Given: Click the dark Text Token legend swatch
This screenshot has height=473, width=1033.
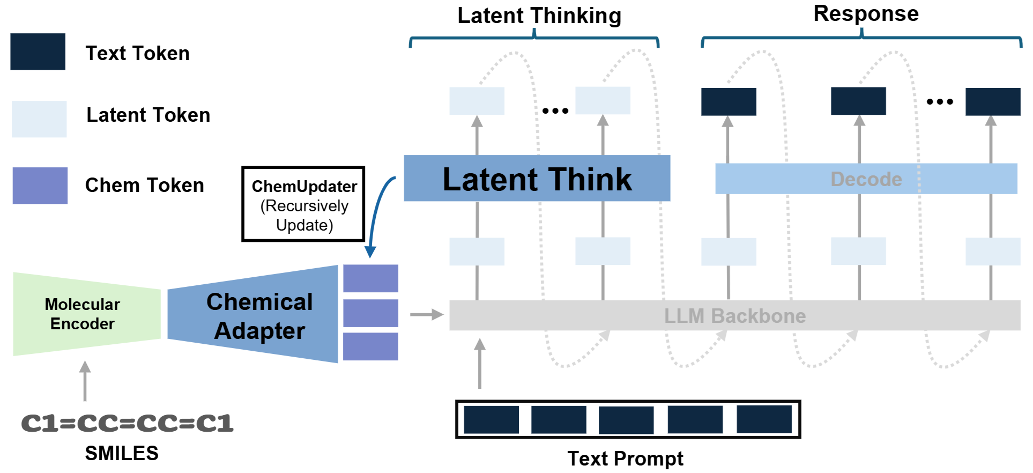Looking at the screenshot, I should click(x=38, y=51).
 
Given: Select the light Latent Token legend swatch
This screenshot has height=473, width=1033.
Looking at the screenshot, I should click(x=39, y=119).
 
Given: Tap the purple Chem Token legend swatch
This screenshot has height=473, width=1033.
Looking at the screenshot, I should click(x=40, y=186).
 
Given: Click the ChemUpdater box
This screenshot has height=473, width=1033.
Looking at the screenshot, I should click(x=303, y=204).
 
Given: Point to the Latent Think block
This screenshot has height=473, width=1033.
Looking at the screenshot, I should click(x=537, y=179).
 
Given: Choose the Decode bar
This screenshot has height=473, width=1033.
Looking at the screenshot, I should click(x=866, y=179).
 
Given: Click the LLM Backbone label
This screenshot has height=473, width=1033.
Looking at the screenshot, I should click(x=734, y=316).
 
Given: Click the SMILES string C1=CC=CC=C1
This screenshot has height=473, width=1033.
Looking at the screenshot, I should click(x=127, y=423).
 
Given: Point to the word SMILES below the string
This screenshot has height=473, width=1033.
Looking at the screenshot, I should click(x=122, y=453).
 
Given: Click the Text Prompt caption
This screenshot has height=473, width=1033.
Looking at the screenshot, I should click(x=625, y=459).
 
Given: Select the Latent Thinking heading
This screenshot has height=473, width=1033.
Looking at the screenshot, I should click(x=539, y=16).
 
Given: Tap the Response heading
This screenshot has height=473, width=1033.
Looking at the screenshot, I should click(x=866, y=13).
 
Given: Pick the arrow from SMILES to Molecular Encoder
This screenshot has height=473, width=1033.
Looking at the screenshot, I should click(x=85, y=381).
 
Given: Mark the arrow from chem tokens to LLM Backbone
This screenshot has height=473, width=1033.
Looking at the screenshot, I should click(x=427, y=314).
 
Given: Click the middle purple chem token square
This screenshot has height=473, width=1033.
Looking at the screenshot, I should click(x=370, y=313).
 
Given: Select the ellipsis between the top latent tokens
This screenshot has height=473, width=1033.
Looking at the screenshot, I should click(x=555, y=111).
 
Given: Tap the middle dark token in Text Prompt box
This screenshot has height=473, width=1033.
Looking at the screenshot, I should click(x=626, y=420).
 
